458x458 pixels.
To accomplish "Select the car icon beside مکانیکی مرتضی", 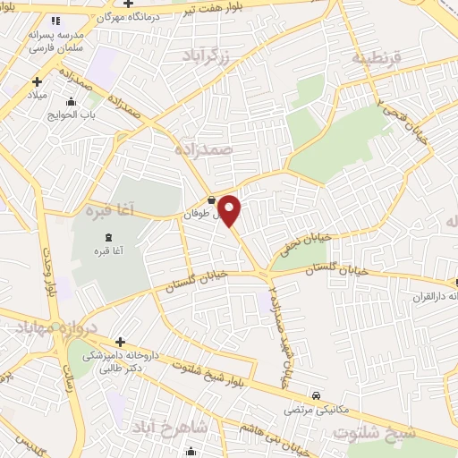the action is [x=316, y=394].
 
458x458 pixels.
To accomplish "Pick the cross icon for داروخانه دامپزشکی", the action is [x=120, y=341].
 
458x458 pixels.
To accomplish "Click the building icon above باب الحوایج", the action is [x=72, y=101].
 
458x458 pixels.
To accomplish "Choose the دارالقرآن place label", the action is [x=436, y=296].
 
